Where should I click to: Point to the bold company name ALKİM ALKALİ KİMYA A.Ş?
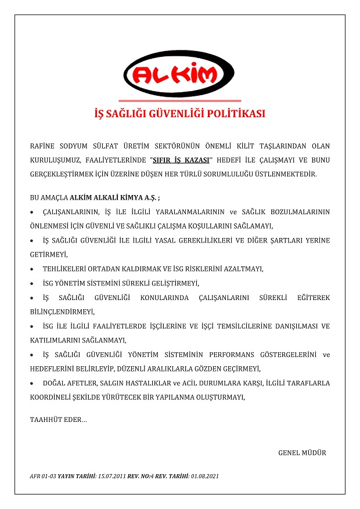pos(113,197)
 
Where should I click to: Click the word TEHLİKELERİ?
pos(64,269)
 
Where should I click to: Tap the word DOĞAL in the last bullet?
pos(54,383)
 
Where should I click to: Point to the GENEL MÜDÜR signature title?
pos(302,453)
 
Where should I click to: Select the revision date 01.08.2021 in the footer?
pos(204,476)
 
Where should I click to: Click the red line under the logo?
pos(179,101)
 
